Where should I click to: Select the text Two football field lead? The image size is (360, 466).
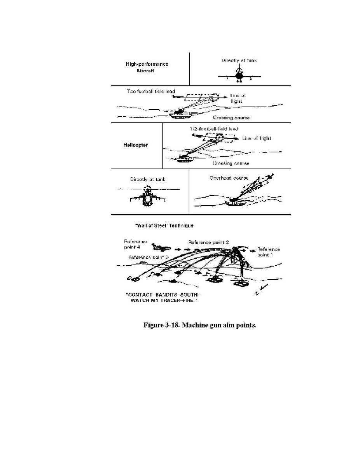click(151, 92)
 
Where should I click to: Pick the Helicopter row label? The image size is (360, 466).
click(134, 145)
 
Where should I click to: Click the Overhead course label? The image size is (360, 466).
click(223, 178)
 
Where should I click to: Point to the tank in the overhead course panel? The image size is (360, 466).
click(236, 201)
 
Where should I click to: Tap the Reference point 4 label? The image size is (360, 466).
click(135, 244)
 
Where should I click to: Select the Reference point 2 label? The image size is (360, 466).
click(208, 242)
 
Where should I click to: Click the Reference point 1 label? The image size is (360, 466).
click(269, 252)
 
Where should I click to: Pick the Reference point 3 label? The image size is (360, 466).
click(148, 258)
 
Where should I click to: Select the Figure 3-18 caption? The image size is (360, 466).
click(200, 325)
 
